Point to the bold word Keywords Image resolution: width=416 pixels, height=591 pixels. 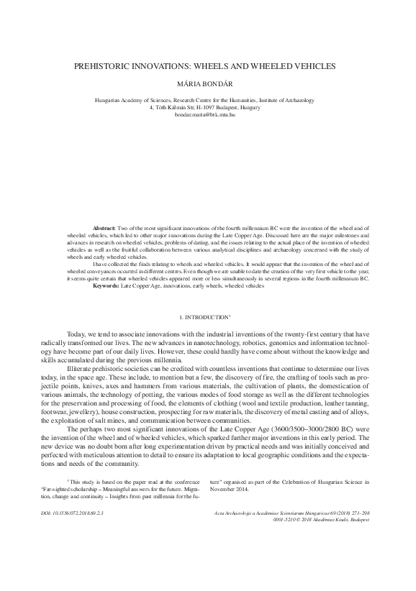107,285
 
